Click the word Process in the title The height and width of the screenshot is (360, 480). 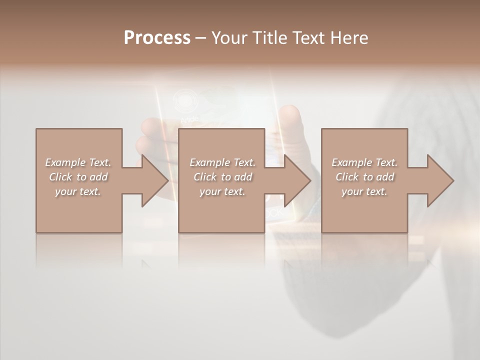[157, 38]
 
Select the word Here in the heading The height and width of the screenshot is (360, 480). [348, 38]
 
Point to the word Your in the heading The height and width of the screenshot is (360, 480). [229, 38]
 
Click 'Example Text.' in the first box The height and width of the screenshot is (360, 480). [78, 162]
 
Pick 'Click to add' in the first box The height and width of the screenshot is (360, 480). [78, 177]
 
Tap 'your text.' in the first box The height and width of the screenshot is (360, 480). [78, 191]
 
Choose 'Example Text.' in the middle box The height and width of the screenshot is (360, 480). [222, 162]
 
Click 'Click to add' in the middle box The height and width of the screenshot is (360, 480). [222, 177]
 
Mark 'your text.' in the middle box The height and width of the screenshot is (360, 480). [222, 191]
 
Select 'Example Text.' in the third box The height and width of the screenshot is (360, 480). [364, 162]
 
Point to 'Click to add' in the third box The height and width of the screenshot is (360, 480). [364, 177]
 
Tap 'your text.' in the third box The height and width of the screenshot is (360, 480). [364, 191]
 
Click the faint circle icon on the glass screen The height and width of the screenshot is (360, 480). [185, 100]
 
